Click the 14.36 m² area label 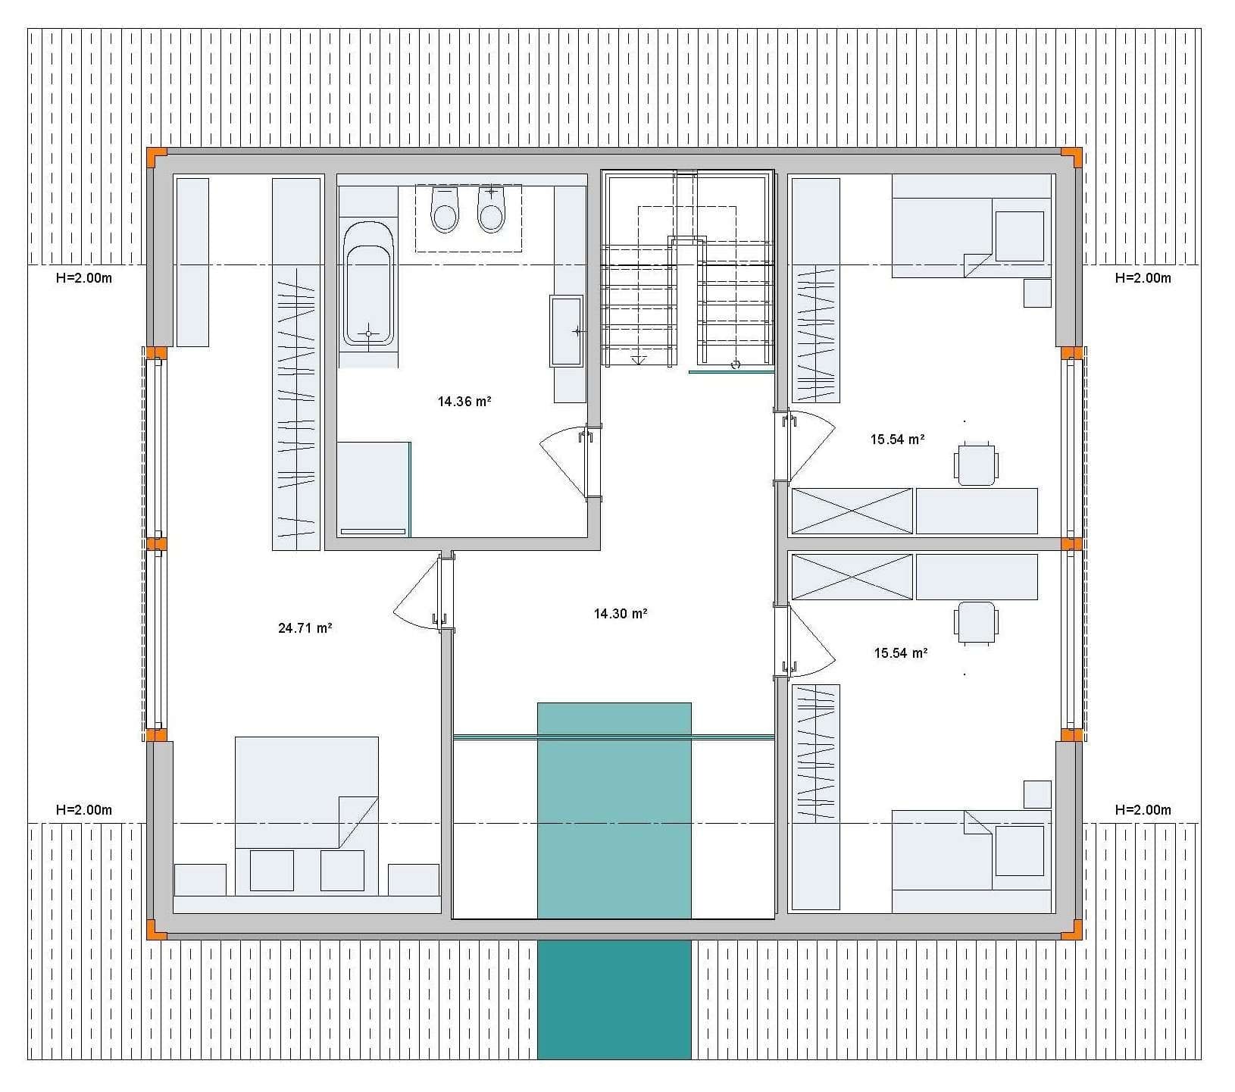click(464, 402)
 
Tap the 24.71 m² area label click(305, 628)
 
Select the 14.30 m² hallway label click(621, 614)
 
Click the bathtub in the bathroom click(368, 283)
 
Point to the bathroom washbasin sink click(567, 331)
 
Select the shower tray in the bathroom click(374, 490)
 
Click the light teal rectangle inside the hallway click(614, 810)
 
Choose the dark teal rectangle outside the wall click(614, 1000)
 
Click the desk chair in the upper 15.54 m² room click(977, 463)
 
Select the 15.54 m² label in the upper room click(898, 440)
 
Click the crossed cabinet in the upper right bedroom click(852, 512)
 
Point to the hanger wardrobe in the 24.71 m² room click(296, 364)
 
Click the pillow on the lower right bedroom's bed click(1019, 850)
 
